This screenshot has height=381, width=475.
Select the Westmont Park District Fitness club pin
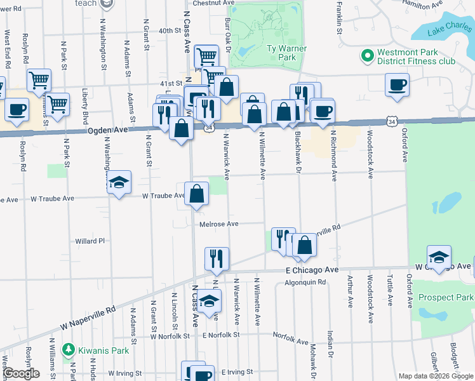(x=367, y=57)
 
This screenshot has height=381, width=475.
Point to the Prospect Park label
(x=446, y=297)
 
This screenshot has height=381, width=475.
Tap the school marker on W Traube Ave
(x=119, y=183)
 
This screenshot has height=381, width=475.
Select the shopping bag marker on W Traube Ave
(x=197, y=194)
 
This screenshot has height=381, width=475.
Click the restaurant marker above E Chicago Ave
(x=217, y=258)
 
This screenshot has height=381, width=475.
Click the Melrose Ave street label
(x=218, y=224)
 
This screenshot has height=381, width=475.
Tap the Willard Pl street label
(x=90, y=241)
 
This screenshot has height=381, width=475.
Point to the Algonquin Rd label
(x=305, y=282)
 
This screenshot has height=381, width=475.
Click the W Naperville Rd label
(x=89, y=317)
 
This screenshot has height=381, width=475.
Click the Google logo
(x=21, y=373)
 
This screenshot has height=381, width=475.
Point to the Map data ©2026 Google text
(x=435, y=376)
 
